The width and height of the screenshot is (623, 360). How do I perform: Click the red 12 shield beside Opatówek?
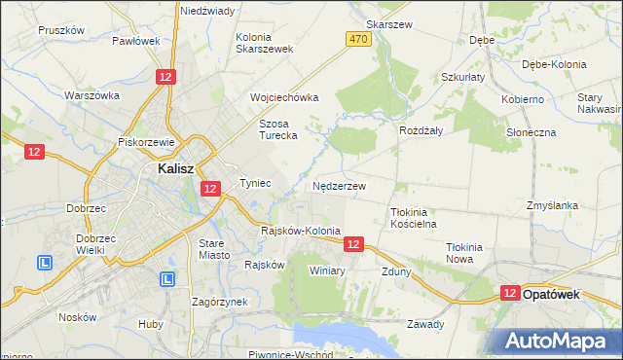point(511,293)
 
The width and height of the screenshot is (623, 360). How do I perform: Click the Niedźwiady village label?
point(207,11)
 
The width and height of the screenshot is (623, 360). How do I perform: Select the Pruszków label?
point(62,30)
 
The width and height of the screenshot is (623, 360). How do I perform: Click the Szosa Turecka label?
point(276,129)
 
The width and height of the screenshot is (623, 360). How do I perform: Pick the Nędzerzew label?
point(340,185)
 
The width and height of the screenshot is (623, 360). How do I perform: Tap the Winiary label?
point(327,270)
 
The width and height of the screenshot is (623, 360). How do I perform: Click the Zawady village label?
point(425,324)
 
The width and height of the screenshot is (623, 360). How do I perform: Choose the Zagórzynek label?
point(219,302)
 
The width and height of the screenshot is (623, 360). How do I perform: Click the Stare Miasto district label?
point(214,248)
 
